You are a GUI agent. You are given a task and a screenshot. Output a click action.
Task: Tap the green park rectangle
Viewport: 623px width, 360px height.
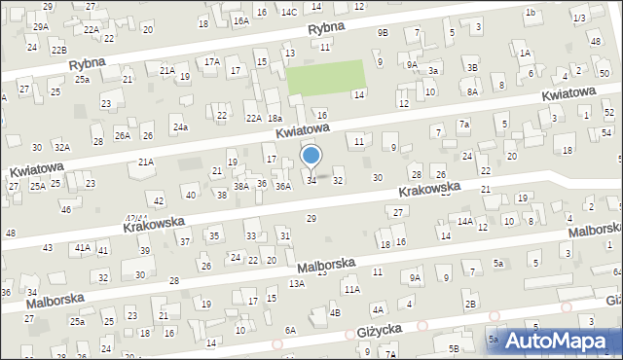(x=325, y=78)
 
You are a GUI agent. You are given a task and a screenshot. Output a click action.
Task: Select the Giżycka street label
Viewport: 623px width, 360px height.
(x=375, y=332)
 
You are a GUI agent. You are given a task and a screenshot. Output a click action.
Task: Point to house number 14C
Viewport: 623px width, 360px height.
(x=289, y=12)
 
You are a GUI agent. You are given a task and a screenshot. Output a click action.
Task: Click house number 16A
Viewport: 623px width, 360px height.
(x=240, y=20)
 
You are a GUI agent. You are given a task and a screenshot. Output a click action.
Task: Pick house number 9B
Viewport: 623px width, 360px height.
(x=383, y=32)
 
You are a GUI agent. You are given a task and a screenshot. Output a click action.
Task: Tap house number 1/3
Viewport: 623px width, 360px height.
(x=579, y=18)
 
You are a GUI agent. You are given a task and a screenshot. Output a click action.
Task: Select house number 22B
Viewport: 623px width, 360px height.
(x=59, y=50)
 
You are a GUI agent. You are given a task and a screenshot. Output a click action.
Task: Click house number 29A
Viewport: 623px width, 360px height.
(x=40, y=26)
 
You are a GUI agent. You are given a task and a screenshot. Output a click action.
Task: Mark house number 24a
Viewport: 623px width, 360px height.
(x=180, y=127)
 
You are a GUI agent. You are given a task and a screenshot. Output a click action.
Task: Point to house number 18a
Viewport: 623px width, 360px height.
(x=275, y=118)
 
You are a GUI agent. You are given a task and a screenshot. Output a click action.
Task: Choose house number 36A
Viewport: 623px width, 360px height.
(x=282, y=186)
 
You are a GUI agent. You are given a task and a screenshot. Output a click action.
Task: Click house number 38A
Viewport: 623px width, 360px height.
(x=241, y=185)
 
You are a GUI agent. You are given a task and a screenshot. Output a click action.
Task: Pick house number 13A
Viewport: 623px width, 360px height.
(x=297, y=283)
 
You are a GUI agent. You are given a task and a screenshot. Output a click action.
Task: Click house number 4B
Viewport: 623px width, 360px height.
(x=335, y=312)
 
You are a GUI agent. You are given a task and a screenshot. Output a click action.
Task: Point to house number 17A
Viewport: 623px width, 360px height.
(x=211, y=61)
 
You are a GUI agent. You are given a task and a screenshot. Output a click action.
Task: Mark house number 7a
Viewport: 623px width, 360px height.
(x=464, y=125)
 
